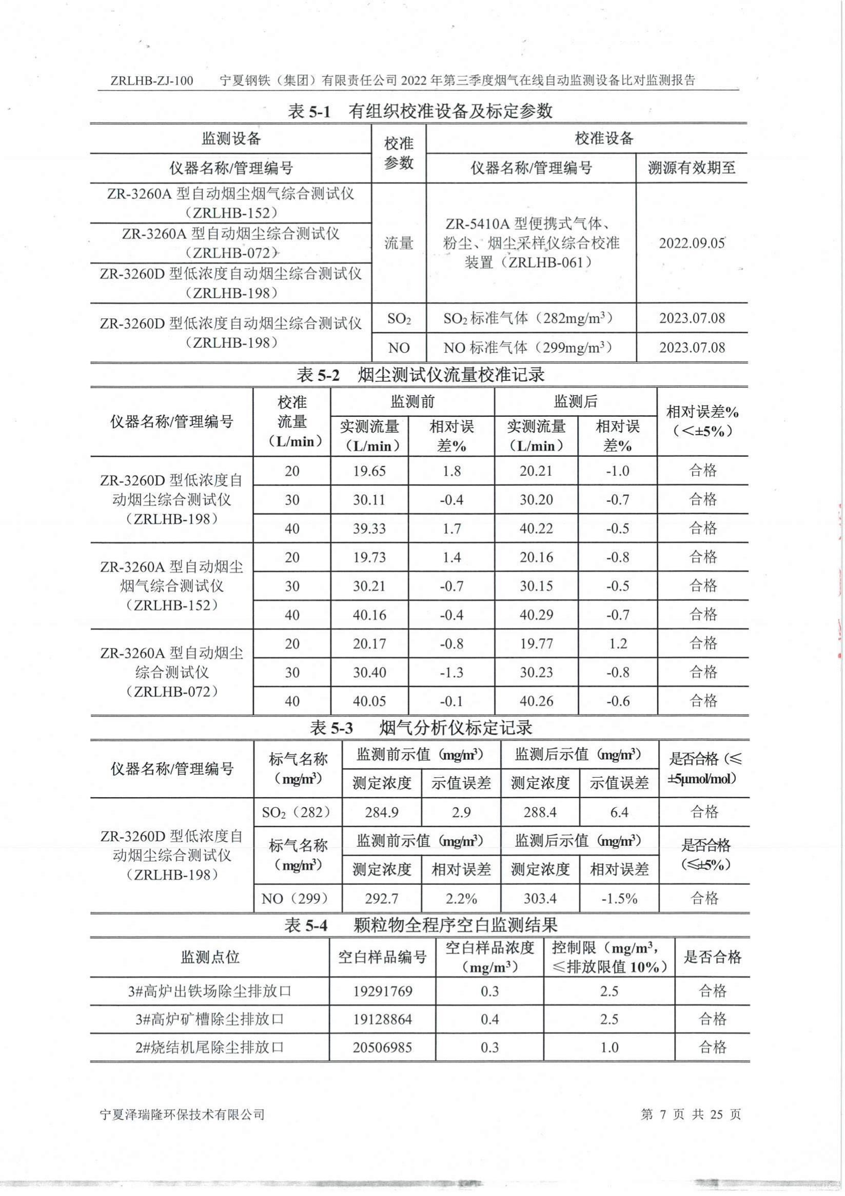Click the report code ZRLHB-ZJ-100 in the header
tap(152, 80)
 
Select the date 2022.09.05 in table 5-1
tap(692, 244)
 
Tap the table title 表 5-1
tap(309, 111)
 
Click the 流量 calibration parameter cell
tap(399, 244)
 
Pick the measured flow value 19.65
tap(369, 472)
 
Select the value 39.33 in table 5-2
tap(369, 529)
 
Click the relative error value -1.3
tap(451, 673)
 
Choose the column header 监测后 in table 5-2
tap(575, 401)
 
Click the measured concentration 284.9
tap(382, 812)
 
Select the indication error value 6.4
tap(619, 812)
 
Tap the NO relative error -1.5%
tap(619, 899)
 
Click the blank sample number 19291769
tap(383, 991)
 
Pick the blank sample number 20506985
tap(383, 1047)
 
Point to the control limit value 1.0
tap(609, 1047)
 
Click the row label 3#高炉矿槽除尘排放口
tap(209, 1019)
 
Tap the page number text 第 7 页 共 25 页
tap(690, 1114)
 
